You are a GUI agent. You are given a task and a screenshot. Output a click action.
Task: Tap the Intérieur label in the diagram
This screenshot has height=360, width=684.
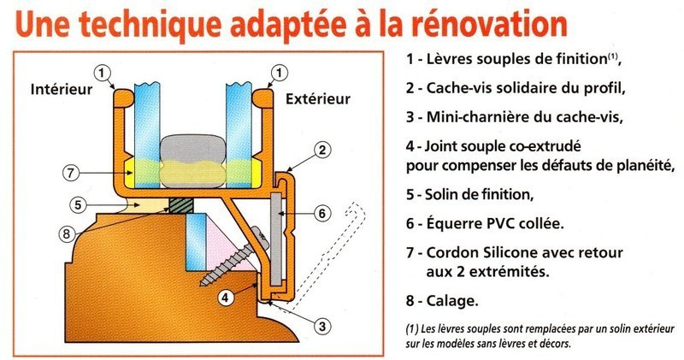(x=62, y=90)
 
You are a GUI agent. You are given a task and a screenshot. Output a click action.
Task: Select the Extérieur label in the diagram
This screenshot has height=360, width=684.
(x=318, y=98)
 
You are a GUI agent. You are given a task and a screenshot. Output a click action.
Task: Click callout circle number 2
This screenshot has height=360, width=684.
(x=322, y=150)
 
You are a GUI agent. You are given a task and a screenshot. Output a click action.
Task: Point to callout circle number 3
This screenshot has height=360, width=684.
(x=322, y=327)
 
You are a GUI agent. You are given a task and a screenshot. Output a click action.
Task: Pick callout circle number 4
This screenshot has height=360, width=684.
(x=225, y=298)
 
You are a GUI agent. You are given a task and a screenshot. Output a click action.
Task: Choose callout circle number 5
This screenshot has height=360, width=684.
(x=78, y=204)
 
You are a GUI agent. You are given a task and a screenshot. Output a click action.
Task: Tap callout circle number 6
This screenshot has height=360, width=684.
(x=322, y=214)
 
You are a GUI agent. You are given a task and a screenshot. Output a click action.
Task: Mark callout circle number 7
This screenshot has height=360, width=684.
(x=71, y=173)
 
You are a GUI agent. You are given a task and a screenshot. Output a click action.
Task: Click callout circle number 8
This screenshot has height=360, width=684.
(x=67, y=234)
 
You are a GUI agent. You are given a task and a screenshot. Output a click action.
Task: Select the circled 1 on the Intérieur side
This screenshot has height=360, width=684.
(x=102, y=73)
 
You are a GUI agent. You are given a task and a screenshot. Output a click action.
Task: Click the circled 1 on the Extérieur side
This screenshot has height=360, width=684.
(x=280, y=72)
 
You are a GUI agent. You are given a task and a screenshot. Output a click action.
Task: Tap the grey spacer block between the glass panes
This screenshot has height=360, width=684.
(x=192, y=150)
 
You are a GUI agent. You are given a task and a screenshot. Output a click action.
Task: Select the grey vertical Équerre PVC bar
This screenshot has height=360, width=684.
(x=275, y=236)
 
